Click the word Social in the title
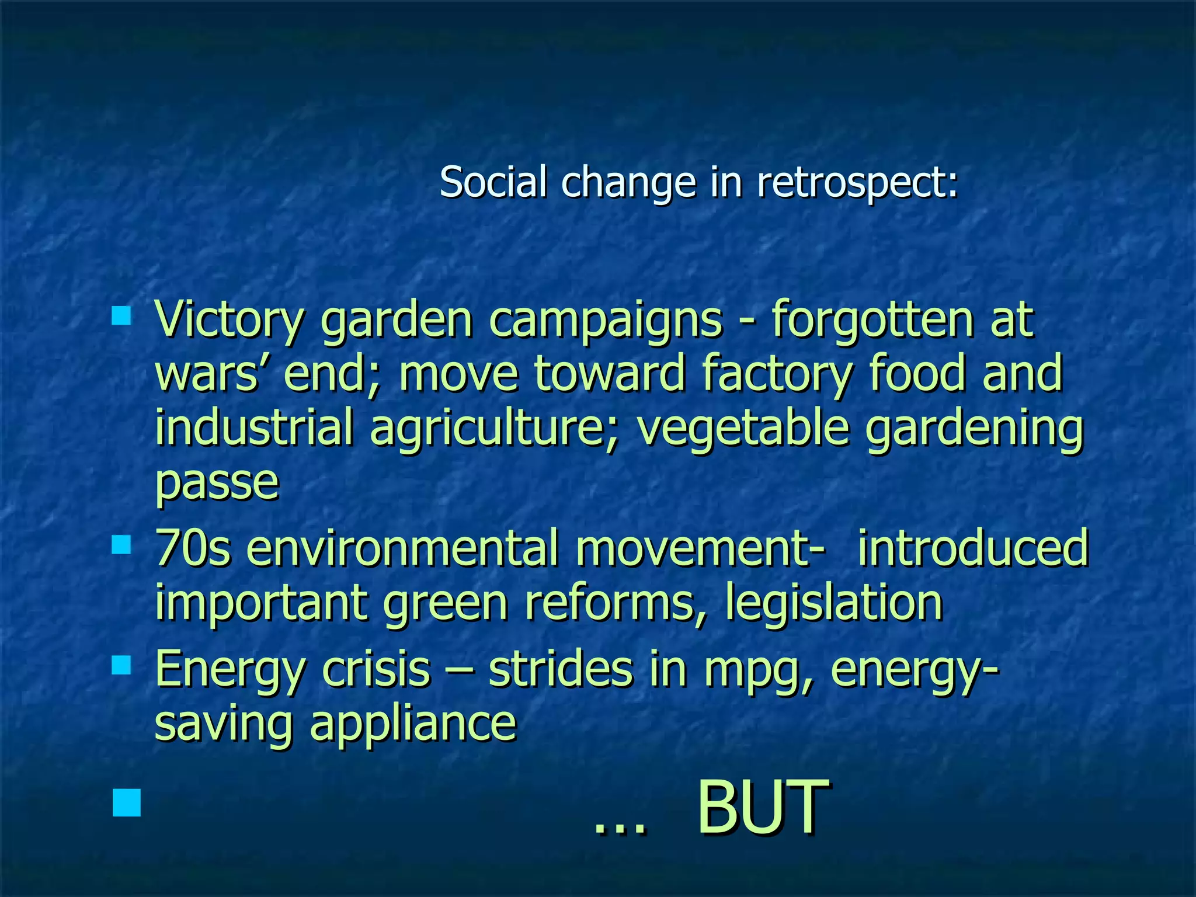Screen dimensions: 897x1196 pos(493,182)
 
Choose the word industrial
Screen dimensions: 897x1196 pos(254,427)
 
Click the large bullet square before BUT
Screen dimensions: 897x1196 pos(127,802)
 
